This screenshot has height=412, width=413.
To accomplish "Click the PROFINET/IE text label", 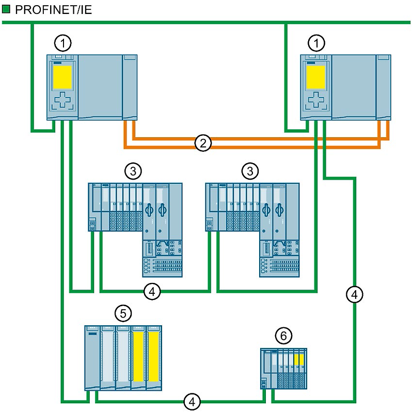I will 52,9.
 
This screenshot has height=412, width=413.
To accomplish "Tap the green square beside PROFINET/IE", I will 6,9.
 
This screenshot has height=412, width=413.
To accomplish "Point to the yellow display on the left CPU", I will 62,76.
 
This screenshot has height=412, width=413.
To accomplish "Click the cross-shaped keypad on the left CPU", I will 62,100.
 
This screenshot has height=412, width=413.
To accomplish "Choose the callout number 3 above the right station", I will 250,170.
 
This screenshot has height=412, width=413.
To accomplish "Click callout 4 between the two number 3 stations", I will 152,291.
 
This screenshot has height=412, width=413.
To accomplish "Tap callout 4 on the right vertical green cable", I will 354,295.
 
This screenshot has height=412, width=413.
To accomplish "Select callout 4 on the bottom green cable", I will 192,401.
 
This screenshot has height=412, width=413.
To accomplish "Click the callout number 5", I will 123,312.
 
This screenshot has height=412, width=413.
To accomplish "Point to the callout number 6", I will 281,336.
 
